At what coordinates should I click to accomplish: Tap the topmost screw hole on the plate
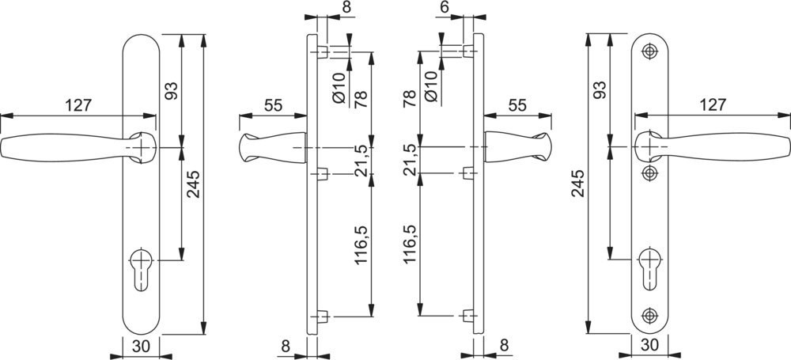coord(649,51)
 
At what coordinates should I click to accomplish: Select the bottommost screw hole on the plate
coord(649,316)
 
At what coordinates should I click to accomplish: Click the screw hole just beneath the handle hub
coord(649,173)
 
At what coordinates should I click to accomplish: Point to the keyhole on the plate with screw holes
coord(649,267)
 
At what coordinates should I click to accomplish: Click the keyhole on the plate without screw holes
coord(141,268)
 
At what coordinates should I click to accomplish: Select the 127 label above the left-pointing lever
coord(78,105)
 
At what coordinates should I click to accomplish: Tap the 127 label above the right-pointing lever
coord(713,104)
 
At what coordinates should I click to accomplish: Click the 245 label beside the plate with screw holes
coord(578,183)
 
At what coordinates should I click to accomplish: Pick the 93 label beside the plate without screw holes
coord(172,91)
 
